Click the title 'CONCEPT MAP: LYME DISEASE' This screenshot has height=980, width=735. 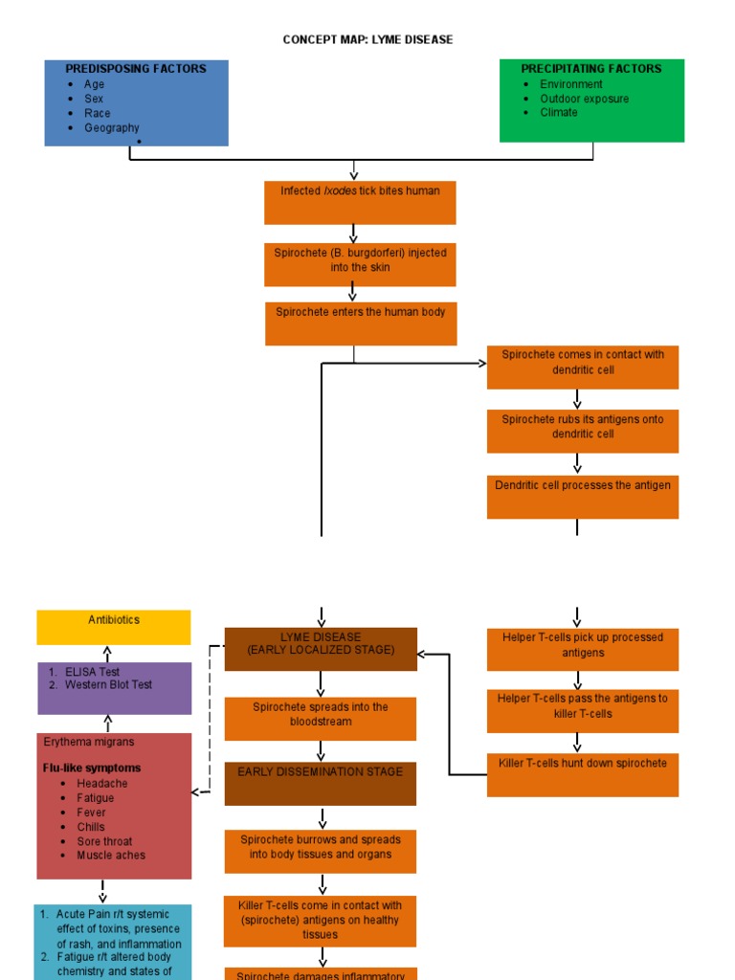click(367, 40)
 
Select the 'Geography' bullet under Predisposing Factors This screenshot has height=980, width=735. click(111, 128)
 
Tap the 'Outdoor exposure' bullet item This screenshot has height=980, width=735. click(584, 99)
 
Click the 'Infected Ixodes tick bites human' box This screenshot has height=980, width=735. click(360, 202)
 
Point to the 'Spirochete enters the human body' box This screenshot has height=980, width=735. click(361, 323)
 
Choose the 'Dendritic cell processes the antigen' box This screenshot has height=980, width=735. click(582, 497)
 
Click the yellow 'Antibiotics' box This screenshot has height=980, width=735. click(114, 627)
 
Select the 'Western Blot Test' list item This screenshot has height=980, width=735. click(108, 685)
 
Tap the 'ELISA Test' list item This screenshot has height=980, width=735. click(92, 672)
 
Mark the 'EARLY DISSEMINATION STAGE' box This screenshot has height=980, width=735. click(321, 783)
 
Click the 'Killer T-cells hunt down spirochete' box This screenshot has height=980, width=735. click(582, 774)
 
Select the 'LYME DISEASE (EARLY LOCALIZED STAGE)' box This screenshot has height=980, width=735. click(321, 649)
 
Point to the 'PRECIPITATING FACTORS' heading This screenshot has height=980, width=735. click(590, 69)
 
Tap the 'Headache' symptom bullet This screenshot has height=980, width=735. click(101, 784)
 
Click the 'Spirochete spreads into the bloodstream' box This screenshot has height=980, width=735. click(321, 719)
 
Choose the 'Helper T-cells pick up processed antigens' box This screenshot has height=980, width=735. click(582, 649)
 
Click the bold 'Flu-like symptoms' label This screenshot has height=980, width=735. click(92, 768)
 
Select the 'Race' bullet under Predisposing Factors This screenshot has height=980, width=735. click(97, 113)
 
